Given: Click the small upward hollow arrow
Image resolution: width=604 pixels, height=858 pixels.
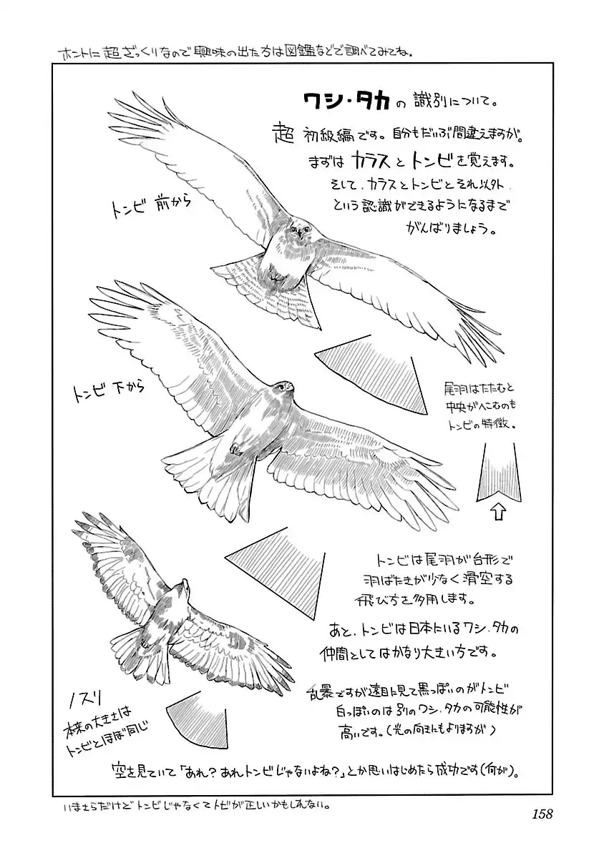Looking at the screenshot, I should click(x=500, y=511).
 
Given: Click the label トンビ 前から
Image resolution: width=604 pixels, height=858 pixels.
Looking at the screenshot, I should click(x=150, y=204).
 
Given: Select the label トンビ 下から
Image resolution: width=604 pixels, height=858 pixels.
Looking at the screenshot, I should click(x=108, y=391).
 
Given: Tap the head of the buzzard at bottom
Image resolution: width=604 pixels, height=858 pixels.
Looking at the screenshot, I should click(x=183, y=589).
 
